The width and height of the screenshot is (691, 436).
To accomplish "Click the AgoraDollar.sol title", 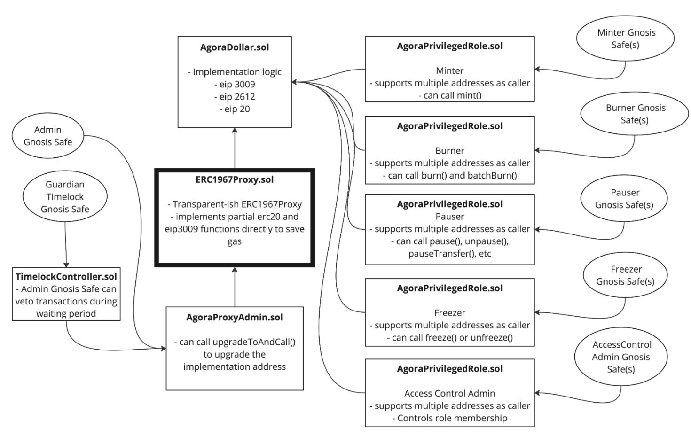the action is click(x=235, y=47).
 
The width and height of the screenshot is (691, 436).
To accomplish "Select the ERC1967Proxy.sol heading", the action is click(x=235, y=179).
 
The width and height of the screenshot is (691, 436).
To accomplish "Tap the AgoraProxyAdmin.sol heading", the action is click(x=235, y=317).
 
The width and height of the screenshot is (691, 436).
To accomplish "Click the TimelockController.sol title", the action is click(x=66, y=276).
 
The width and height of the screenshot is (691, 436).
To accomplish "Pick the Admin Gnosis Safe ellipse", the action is click(x=48, y=135).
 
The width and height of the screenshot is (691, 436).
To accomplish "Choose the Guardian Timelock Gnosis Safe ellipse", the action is click(x=65, y=196).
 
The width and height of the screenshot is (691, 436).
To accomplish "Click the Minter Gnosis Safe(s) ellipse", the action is click(x=625, y=39).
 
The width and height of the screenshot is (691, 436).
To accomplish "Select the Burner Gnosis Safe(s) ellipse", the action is click(x=635, y=114).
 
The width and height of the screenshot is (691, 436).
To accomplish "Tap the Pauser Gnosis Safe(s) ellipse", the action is click(x=624, y=198).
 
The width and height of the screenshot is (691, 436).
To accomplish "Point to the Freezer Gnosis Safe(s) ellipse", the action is click(x=625, y=275).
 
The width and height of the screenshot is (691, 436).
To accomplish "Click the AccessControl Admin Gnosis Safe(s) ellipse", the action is click(x=621, y=357).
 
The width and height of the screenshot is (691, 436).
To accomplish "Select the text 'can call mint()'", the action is click(x=452, y=95).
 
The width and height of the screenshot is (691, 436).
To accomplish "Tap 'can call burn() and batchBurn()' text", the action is click(x=452, y=175).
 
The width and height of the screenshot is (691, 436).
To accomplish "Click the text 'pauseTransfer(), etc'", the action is click(x=450, y=253).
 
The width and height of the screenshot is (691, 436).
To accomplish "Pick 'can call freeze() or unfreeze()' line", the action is click(x=452, y=338).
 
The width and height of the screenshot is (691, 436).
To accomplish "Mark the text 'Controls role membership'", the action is click(x=452, y=418).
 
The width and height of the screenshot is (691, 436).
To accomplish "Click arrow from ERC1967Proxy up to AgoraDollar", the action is click(x=235, y=148).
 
